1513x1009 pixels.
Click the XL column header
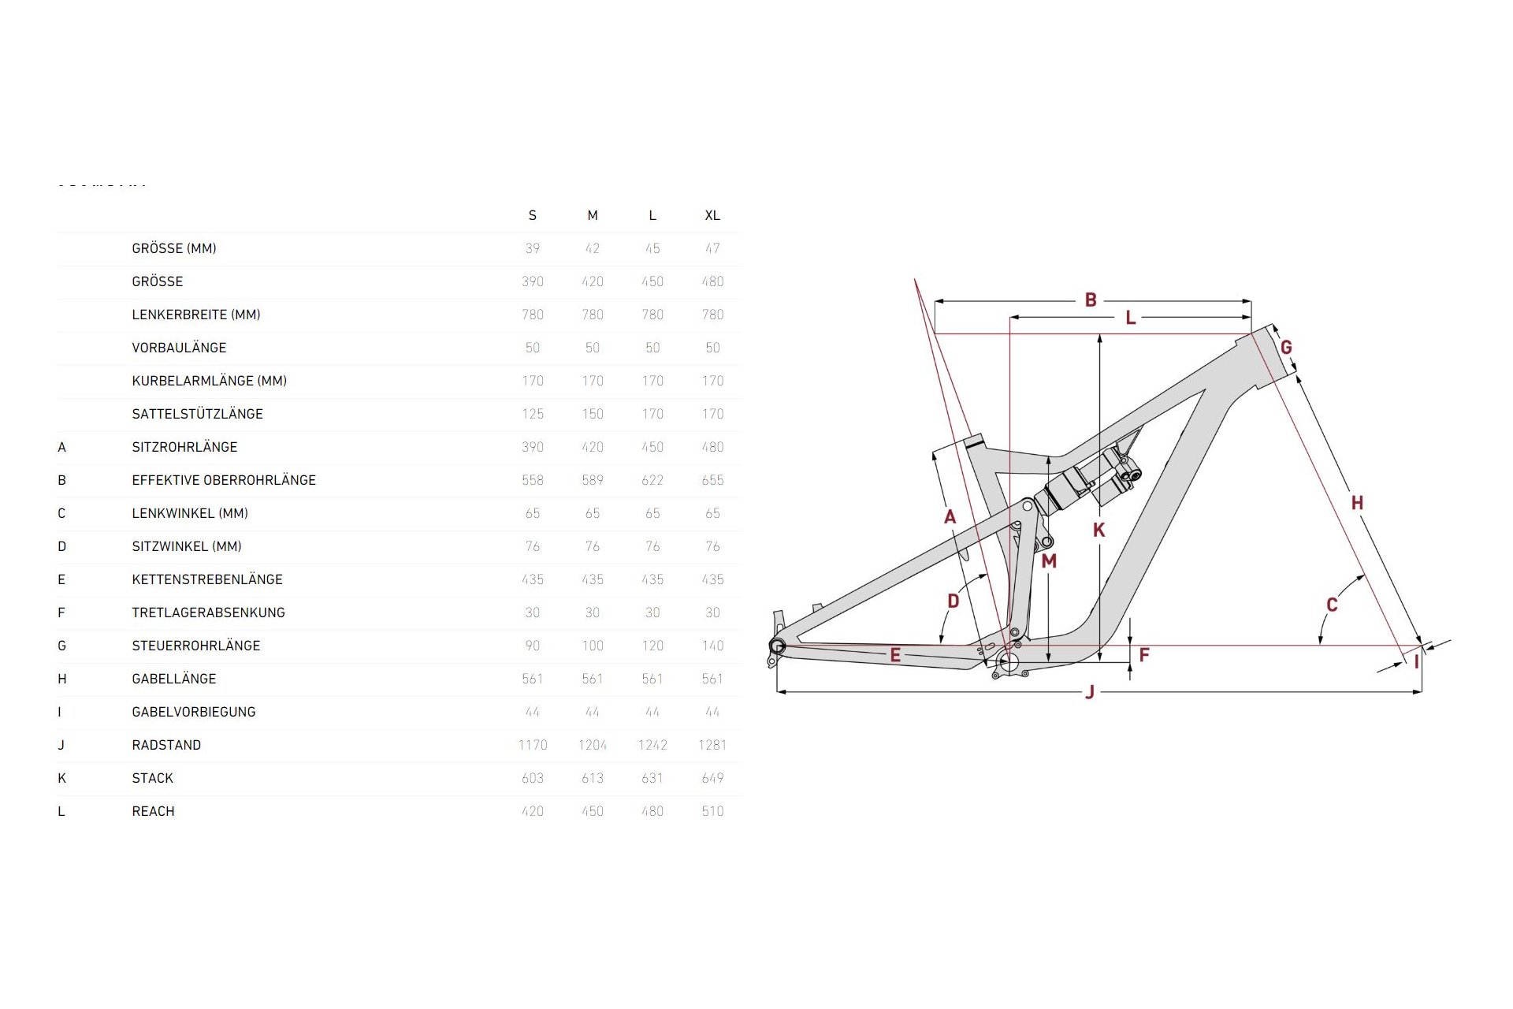click(x=712, y=215)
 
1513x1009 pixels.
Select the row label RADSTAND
click(x=166, y=745)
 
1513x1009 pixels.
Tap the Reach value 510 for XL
click(x=712, y=811)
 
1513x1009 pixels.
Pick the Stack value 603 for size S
click(x=533, y=778)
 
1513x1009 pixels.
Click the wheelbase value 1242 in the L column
click(x=652, y=745)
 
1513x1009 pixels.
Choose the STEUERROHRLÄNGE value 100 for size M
click(x=593, y=646)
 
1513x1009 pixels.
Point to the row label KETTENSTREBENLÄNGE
click(x=207, y=579)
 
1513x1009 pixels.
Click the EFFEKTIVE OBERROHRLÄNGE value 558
click(x=533, y=480)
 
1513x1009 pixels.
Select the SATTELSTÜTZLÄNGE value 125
click(x=533, y=414)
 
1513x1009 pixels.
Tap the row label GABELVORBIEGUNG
click(x=194, y=712)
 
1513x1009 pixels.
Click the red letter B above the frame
click(x=1091, y=300)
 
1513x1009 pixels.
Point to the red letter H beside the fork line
click(x=1357, y=503)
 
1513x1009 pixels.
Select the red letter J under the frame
click(x=1090, y=692)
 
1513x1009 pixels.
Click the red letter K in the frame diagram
click(x=1099, y=531)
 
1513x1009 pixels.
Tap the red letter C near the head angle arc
click(x=1332, y=605)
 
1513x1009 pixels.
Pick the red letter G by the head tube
click(x=1286, y=347)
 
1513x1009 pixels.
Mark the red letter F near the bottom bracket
click(x=1144, y=654)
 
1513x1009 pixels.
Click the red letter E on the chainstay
click(x=895, y=654)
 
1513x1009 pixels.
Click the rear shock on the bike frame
click(x=1087, y=481)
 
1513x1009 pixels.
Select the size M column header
click(x=593, y=215)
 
